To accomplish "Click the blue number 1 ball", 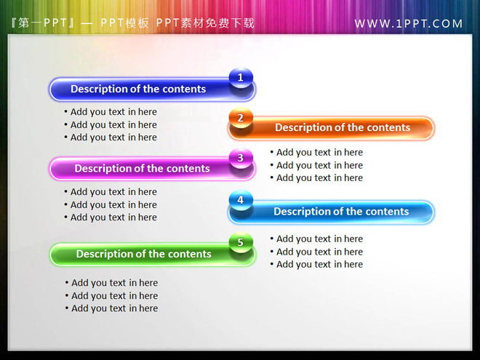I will click(241, 77).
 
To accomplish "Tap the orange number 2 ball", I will click(241, 117).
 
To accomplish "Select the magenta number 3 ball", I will click(241, 157).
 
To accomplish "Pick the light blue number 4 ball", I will click(241, 199).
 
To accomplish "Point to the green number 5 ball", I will click(241, 242).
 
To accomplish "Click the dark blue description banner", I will click(145, 89).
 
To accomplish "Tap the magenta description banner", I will click(145, 169).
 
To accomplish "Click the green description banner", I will click(145, 255).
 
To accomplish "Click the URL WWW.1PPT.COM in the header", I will click(409, 23).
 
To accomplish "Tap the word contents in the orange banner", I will click(388, 128).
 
